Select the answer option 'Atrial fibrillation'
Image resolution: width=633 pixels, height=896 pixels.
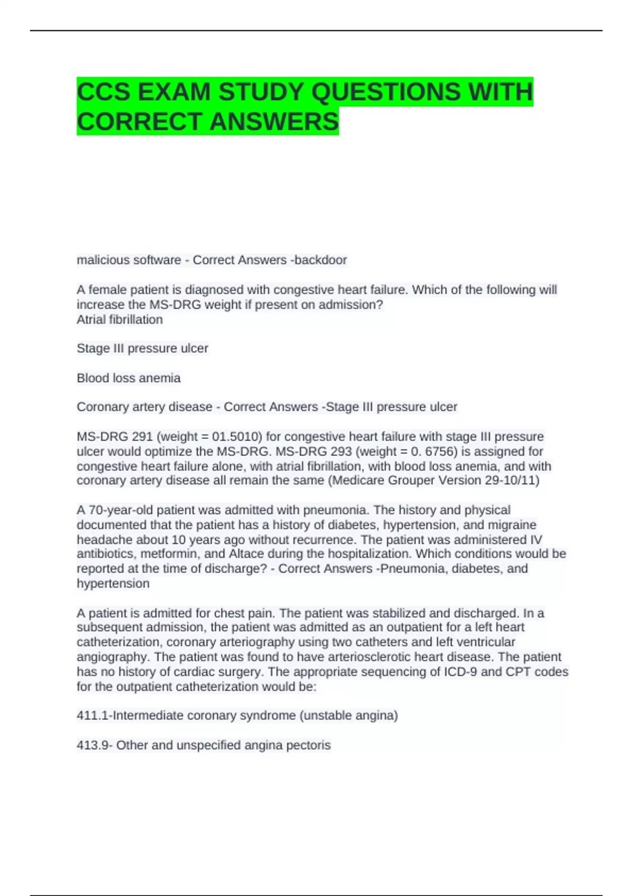click(120, 319)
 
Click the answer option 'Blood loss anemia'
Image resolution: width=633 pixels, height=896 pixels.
click(129, 378)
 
